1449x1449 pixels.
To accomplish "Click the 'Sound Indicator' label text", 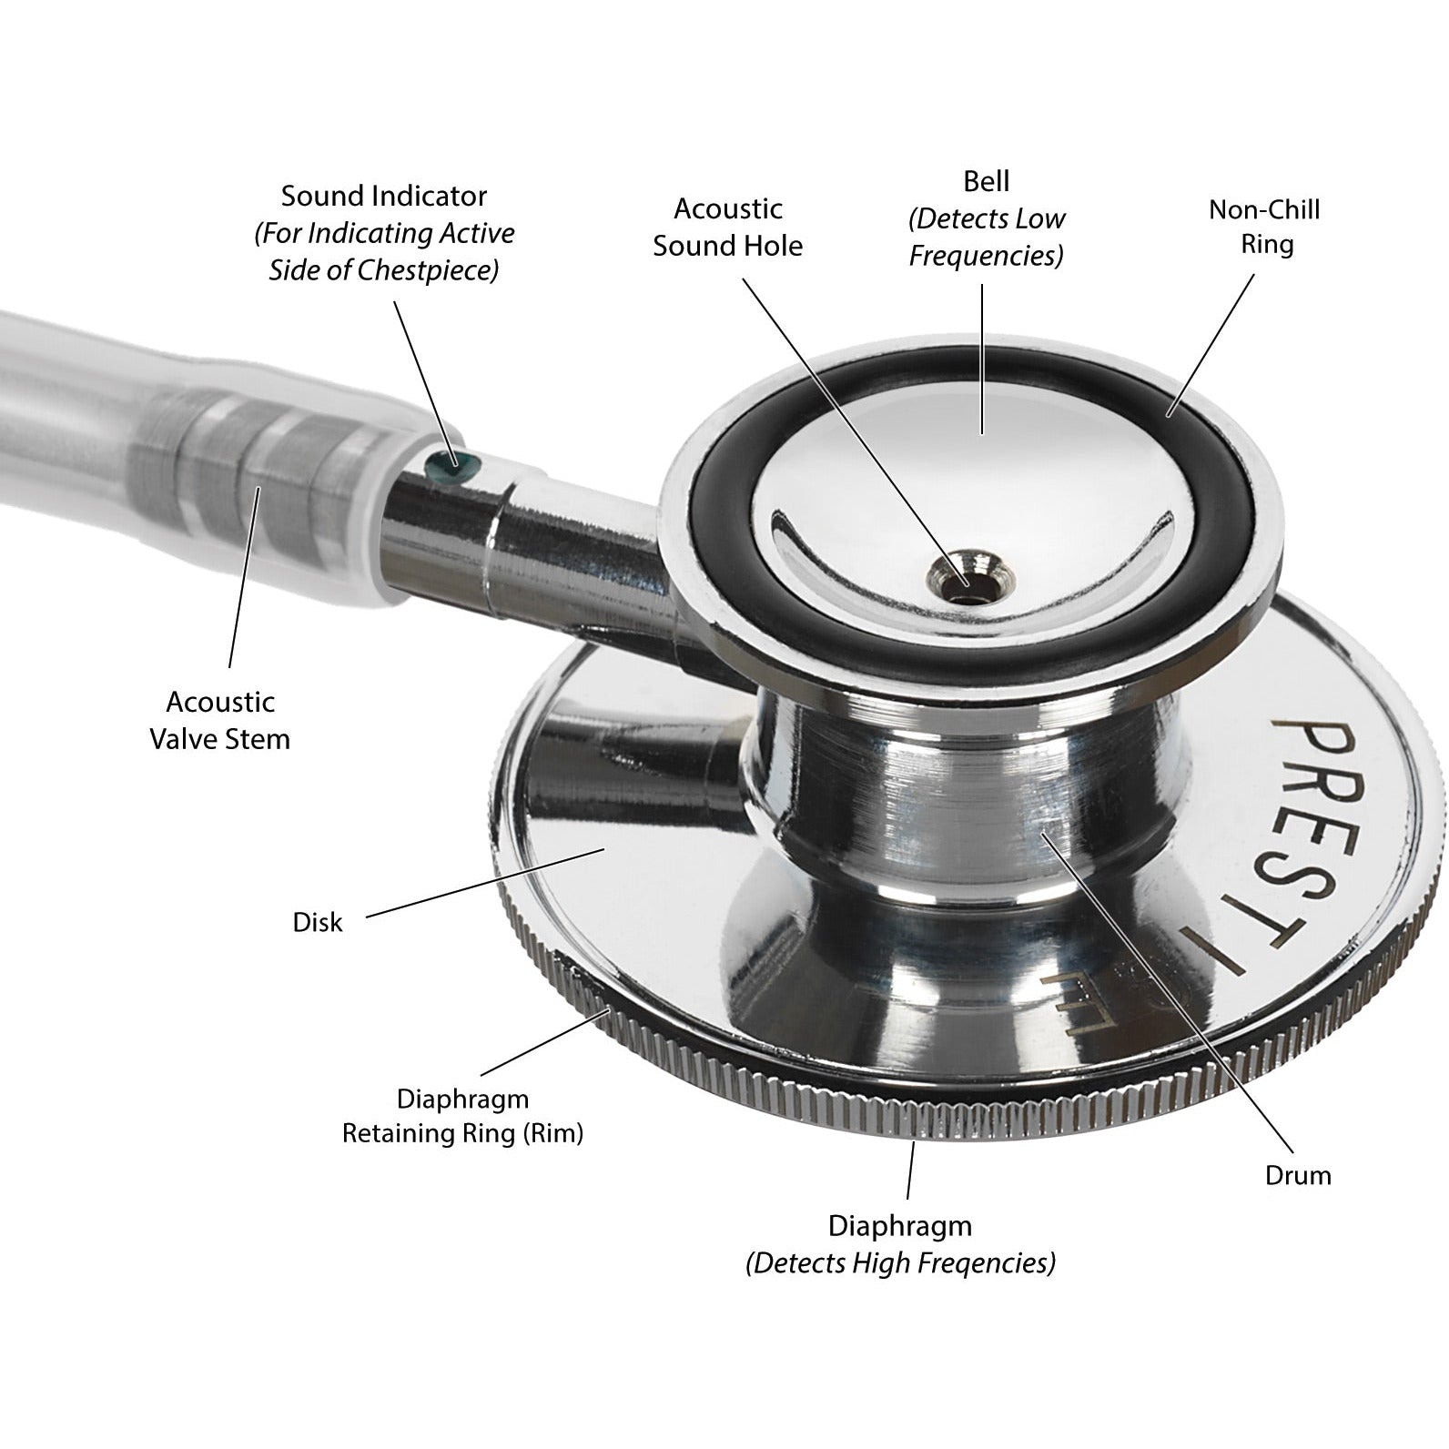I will pyautogui.click(x=383, y=197).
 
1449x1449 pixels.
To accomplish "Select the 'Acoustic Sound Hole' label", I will pyautogui.click(x=727, y=228).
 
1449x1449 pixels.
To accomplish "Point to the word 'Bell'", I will pyautogui.click(x=987, y=181).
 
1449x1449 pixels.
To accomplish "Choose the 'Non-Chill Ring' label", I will pyautogui.click(x=1264, y=227).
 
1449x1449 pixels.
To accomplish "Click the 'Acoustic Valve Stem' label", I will pyautogui.click(x=219, y=720).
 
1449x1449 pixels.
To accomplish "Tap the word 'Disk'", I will pyautogui.click(x=318, y=923).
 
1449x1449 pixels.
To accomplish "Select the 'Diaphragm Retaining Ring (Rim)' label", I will pyautogui.click(x=462, y=1116).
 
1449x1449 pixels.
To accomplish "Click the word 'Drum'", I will pyautogui.click(x=1298, y=1175).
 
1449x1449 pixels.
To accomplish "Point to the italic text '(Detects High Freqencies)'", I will pyautogui.click(x=900, y=1263).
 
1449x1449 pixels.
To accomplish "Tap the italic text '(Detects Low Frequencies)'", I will pyautogui.click(x=987, y=238).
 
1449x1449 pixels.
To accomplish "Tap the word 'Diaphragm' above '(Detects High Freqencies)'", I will pyautogui.click(x=899, y=1226).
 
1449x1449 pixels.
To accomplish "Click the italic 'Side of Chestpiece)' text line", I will pyautogui.click(x=383, y=271).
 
